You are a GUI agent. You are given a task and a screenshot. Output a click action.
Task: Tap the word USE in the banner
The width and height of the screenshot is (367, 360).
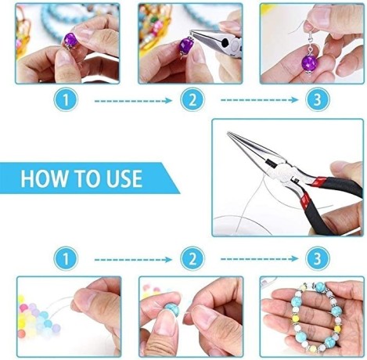pyautogui.click(x=120, y=178)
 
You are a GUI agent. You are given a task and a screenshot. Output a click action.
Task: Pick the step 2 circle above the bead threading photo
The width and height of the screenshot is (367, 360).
pyautogui.click(x=192, y=257)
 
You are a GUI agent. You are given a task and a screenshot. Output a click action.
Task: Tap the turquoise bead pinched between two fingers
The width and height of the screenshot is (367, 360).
pyautogui.click(x=171, y=313)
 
